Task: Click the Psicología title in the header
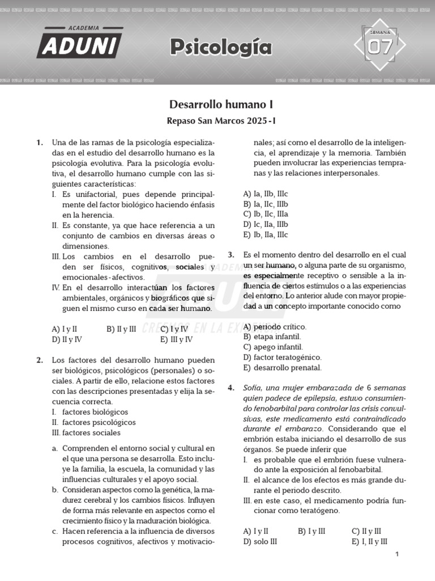point(221,48)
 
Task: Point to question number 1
point(40,143)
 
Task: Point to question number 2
point(40,360)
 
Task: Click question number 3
point(231,255)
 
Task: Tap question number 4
point(231,388)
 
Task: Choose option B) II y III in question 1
point(121,329)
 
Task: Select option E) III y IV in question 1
point(176,339)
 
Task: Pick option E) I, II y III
point(369,541)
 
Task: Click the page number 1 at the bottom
point(398,554)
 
